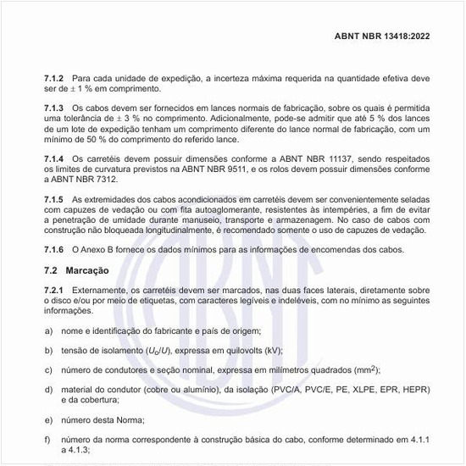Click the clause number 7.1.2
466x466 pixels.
[54, 78]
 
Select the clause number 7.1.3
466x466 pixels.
[54, 108]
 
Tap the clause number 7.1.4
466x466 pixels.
[54, 158]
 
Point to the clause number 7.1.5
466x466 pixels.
[54, 198]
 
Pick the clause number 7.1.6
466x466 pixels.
[54, 249]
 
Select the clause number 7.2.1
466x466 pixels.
[54, 291]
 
